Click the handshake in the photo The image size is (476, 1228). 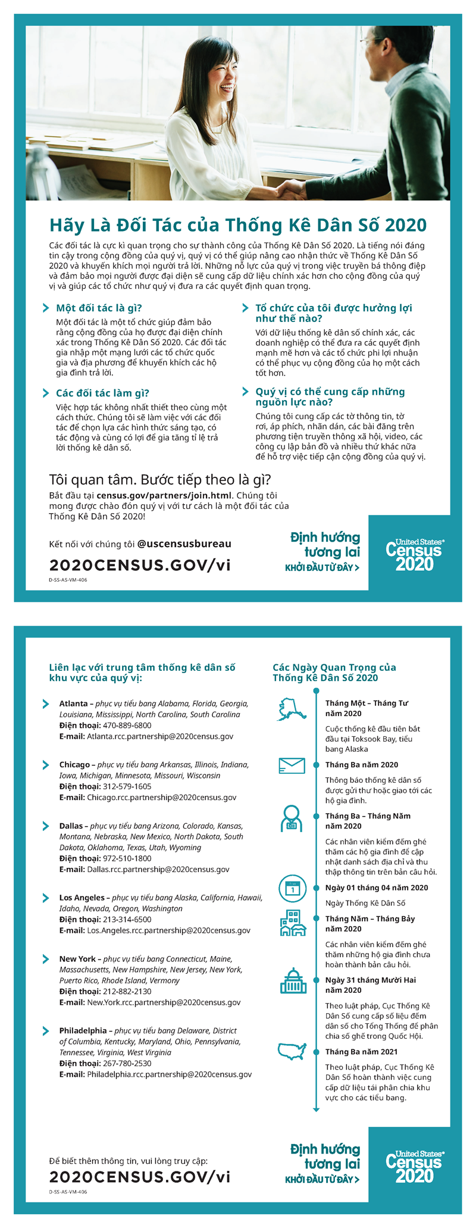(x=291, y=190)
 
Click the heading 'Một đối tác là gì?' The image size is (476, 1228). (x=99, y=308)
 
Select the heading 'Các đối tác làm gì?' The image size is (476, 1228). (x=102, y=393)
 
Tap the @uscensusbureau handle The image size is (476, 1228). (x=184, y=543)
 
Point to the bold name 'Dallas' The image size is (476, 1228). (x=71, y=826)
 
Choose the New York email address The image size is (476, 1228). (x=164, y=1002)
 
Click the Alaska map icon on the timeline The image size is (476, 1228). (x=292, y=709)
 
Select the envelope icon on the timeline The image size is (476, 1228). (x=292, y=766)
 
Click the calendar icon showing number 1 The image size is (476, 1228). (x=292, y=889)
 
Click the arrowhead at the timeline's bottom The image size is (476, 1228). (x=316, y=1110)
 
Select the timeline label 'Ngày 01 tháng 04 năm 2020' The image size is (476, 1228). (x=377, y=888)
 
